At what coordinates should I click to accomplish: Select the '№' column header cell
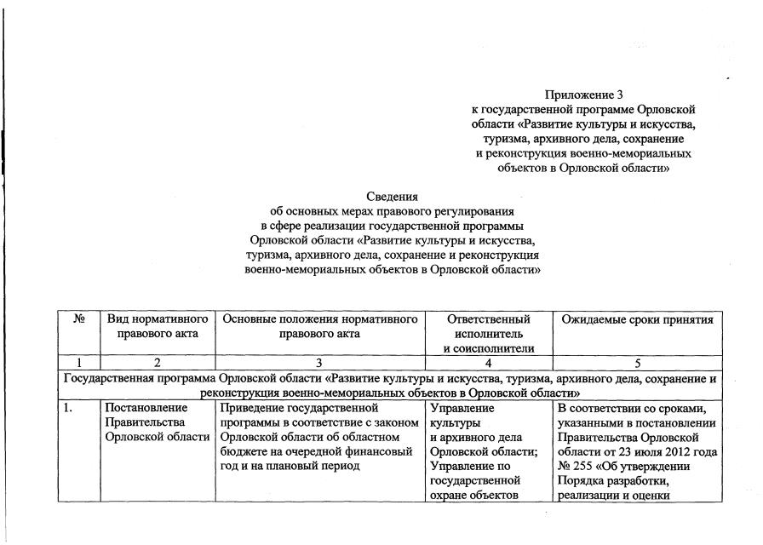(x=79, y=319)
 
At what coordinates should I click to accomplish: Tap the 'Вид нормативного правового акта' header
(x=158, y=326)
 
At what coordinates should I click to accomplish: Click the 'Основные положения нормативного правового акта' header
(x=319, y=326)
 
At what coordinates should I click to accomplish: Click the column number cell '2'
(x=158, y=363)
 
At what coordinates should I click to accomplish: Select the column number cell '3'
(x=319, y=363)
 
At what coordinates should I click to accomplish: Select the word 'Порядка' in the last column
(x=581, y=481)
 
